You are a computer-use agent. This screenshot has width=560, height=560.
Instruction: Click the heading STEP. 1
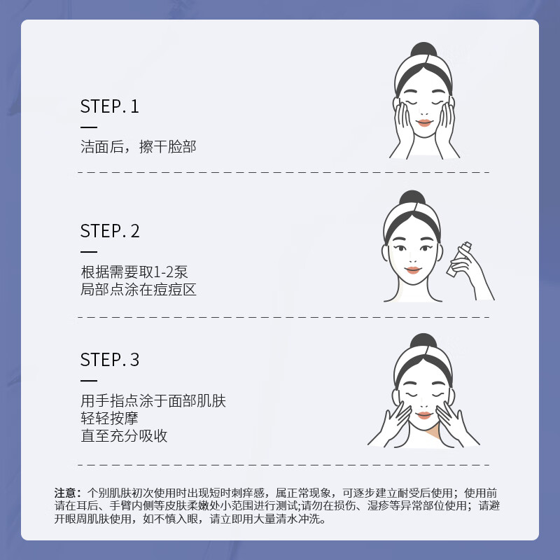point(110,106)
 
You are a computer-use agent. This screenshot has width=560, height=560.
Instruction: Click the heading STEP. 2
point(110,231)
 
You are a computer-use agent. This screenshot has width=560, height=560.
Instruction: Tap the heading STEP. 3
point(110,360)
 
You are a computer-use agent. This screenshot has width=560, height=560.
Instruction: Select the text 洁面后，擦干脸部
point(139,147)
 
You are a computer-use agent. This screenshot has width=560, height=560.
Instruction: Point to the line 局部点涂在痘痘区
point(139,289)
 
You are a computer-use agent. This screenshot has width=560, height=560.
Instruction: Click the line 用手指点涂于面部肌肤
point(153,401)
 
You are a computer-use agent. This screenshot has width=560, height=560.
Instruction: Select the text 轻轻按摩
point(109,419)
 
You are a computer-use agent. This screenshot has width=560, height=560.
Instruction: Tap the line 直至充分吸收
point(124,435)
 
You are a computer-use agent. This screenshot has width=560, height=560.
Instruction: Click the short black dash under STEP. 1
point(89,127)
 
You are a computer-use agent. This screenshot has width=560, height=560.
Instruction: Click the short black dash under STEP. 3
point(89,381)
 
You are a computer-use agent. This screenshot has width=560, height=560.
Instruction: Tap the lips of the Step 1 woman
point(423,123)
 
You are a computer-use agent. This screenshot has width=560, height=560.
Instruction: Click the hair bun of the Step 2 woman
point(414,199)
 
